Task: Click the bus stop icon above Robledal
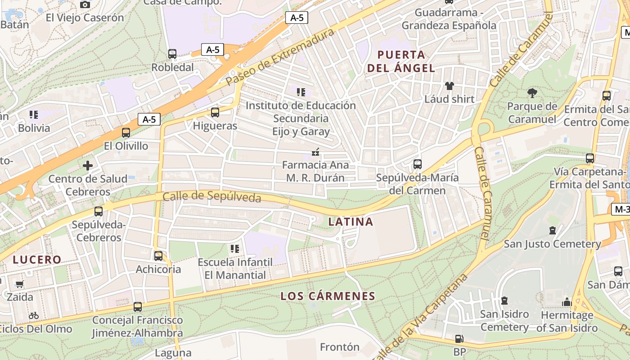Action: point(172,54)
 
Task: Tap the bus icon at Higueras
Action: point(215,112)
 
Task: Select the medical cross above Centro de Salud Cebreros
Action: point(88,166)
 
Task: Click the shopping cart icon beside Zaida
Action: point(19,284)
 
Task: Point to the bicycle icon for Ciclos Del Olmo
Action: point(34,315)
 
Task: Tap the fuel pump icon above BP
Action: point(459,338)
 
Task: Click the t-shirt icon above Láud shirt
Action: point(449,85)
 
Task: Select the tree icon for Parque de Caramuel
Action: point(532,93)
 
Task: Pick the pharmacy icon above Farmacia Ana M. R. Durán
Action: point(315,152)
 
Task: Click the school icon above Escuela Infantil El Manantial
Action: point(234,248)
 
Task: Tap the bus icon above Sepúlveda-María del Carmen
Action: point(418,164)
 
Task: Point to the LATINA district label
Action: point(351,221)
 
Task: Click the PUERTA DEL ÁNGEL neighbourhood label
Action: point(401,62)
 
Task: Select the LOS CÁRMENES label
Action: point(328,296)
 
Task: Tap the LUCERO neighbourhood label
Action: point(37,260)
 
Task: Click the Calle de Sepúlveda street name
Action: point(211,197)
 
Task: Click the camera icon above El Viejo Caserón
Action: point(85,4)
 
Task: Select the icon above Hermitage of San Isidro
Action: point(567,301)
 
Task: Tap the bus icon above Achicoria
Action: point(158,256)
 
